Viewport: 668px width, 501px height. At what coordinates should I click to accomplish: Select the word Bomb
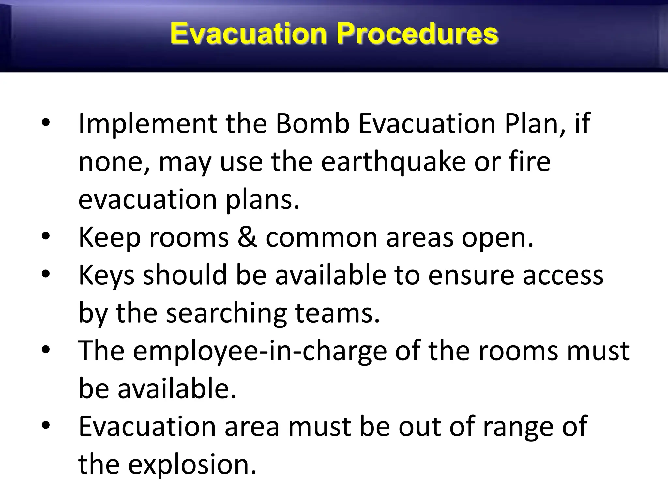[312, 124]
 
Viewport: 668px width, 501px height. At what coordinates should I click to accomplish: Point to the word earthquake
[393, 162]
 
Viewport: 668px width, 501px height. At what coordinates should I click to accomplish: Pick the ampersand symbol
[247, 237]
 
